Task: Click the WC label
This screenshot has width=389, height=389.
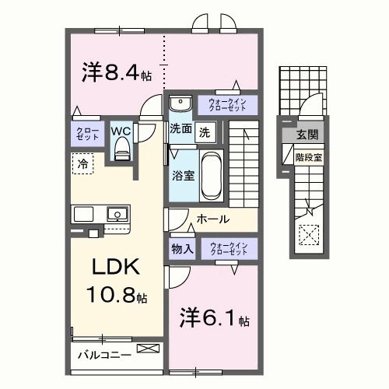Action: point(121,130)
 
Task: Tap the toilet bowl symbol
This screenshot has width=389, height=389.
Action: point(121,152)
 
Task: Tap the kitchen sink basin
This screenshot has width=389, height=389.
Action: point(117,214)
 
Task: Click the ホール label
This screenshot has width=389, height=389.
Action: point(212,219)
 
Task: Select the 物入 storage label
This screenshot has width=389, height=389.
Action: point(182,249)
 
